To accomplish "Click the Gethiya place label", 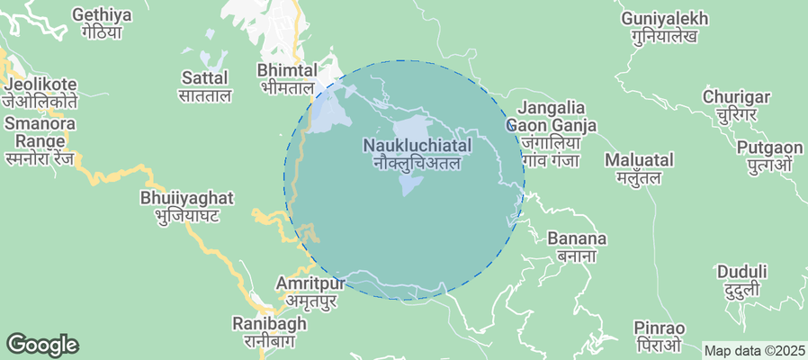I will coord(101,23).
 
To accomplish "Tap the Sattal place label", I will coord(206,85).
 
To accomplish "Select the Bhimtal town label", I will coord(287,78).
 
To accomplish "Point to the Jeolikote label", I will coord(40,93).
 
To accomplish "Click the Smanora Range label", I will coord(40,132).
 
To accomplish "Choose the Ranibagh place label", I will coord(264,331).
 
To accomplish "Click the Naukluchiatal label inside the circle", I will coord(417,154).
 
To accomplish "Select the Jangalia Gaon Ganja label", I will coord(551,133).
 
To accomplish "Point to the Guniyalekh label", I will coord(665,27).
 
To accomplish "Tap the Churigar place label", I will coord(737,105).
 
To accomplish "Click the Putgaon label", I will coord(768,156).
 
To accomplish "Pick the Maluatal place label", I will coord(639,168).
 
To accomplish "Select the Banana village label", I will coord(578,247).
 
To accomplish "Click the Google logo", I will coord(42,345).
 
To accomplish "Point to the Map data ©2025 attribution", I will coord(754,350).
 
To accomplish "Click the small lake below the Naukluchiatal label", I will coord(410,185).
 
